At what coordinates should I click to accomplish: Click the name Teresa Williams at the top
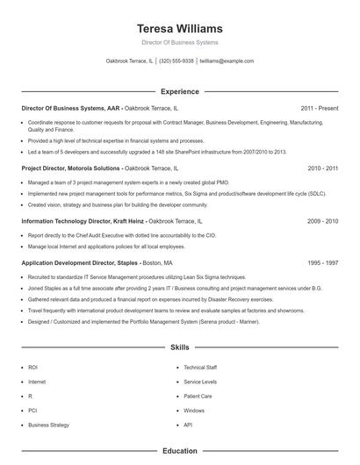pos(180,28)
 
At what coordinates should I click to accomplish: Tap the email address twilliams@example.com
pos(227,61)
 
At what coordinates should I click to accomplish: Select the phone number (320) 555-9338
pos(176,61)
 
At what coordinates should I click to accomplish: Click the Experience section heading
pos(180,91)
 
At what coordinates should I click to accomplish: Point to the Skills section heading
pos(180,348)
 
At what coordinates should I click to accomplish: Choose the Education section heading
pos(180,451)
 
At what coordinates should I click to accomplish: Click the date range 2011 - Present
pos(319,108)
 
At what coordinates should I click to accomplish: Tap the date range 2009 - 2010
pos(322,222)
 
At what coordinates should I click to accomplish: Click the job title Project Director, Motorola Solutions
pos(71,168)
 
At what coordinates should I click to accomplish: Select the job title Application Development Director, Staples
pos(79,262)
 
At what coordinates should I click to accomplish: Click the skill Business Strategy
pos(48,425)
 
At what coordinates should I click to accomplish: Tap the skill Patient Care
pos(198,396)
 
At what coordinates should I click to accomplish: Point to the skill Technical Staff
pos(200,368)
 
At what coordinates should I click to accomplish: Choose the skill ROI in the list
pos(32,368)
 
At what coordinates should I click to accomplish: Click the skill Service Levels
pos(200,382)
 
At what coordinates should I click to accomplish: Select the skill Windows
pos(194,411)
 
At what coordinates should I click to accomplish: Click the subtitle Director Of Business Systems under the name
pos(180,42)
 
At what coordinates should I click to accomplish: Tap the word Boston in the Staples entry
pos(152,262)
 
